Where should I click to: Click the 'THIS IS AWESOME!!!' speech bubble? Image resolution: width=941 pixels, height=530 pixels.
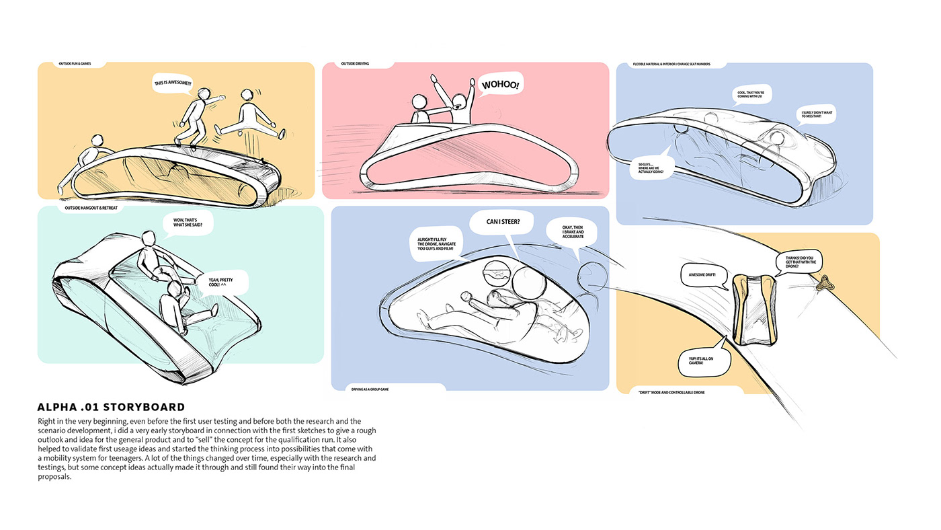[173, 83]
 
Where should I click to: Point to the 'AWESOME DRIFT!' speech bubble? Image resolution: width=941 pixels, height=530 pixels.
[703, 274]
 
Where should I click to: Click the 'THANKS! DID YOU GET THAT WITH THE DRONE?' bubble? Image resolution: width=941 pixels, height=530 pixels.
[798, 261]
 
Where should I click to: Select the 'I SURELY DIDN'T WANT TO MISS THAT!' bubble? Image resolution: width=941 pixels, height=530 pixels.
[817, 114]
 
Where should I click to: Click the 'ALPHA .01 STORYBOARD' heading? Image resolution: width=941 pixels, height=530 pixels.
[112, 407]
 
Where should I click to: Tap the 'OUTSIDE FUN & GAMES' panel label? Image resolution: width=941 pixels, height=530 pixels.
[74, 65]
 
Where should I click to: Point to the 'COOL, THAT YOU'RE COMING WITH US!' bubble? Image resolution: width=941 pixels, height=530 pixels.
[749, 94]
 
